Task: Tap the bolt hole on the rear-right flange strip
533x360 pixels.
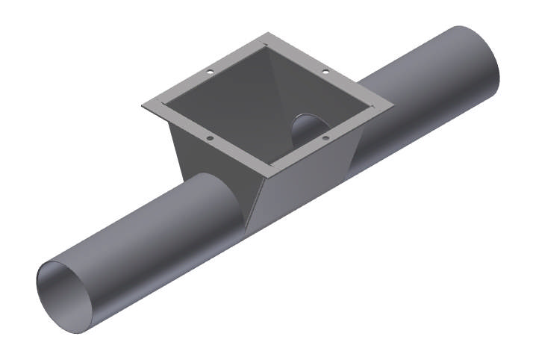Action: pyautogui.click(x=326, y=72)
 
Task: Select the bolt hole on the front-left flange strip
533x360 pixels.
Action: pyautogui.click(x=210, y=138)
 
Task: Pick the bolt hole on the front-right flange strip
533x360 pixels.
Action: pyautogui.click(x=326, y=137)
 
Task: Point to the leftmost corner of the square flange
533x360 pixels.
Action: pyautogui.click(x=142, y=105)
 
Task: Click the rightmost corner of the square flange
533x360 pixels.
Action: pyautogui.click(x=394, y=106)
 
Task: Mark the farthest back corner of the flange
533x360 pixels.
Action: pyautogui.click(x=268, y=34)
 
